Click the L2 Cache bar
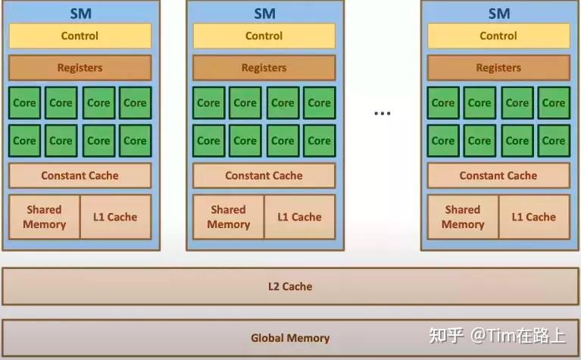tap(290, 286)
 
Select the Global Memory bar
tap(290, 338)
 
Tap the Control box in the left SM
tap(80, 36)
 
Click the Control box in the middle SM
tap(264, 36)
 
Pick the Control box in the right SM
tap(498, 36)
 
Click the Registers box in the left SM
tap(80, 67)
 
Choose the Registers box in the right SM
tap(498, 67)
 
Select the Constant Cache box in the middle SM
tap(264, 175)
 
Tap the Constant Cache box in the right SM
tap(498, 175)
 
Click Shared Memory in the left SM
tap(44, 217)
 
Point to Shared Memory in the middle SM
tap(228, 217)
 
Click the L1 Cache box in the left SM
tap(115, 217)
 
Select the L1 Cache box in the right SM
tap(534, 217)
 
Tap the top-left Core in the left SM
tap(24, 103)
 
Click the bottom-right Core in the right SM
tap(554, 140)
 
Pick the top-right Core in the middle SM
tap(319, 103)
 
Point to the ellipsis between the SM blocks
tap(382, 114)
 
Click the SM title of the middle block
tap(264, 13)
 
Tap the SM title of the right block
tap(498, 13)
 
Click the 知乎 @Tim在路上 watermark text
tap(497, 336)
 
